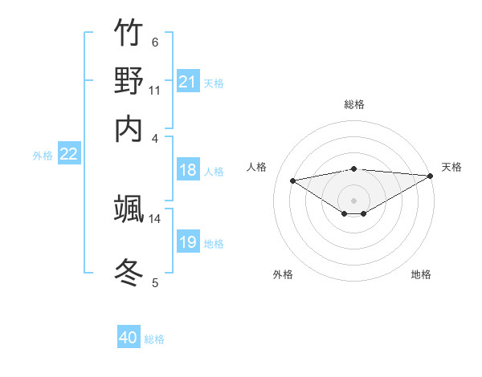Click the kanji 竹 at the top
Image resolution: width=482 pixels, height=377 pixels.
point(129,33)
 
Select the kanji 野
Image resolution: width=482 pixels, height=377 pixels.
point(129,80)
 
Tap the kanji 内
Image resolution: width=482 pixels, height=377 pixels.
point(129,128)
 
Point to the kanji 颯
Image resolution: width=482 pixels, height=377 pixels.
point(129,209)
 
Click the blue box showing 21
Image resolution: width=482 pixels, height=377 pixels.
point(187,82)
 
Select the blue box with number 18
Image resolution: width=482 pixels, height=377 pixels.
point(187,170)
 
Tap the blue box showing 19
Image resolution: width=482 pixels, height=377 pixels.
point(187,242)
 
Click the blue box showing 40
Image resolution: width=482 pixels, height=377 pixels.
point(129,338)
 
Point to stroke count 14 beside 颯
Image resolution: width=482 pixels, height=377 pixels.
point(154,218)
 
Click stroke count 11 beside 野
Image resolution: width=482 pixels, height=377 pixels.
point(154,90)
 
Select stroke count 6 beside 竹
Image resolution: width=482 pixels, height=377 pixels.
point(154,43)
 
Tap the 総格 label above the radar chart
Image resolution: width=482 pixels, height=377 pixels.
point(354,105)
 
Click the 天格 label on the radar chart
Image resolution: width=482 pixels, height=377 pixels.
point(451,167)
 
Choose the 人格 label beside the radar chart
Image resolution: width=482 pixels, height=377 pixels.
point(257,167)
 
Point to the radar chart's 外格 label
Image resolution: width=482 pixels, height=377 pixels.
point(283,274)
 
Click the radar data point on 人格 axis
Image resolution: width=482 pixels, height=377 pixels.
point(293,180)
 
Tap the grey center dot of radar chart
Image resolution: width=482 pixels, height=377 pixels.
point(354,200)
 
